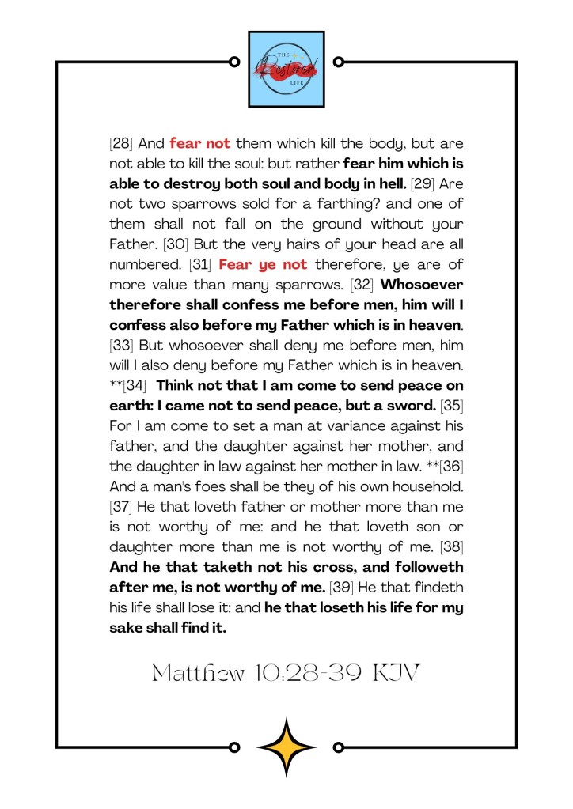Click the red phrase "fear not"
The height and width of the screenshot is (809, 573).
(x=199, y=144)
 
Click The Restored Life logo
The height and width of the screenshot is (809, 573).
(x=286, y=69)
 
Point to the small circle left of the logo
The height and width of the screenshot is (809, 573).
(x=234, y=62)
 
